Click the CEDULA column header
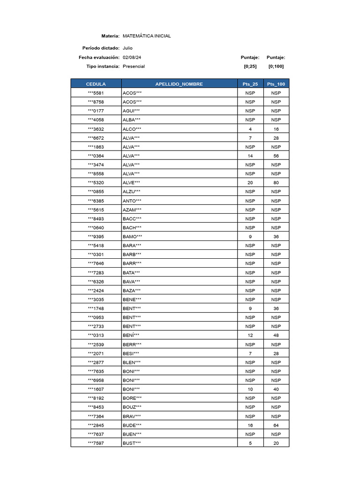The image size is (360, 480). click(96, 84)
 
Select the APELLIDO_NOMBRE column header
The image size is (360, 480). click(179, 84)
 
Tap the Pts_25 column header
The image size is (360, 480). click(250, 84)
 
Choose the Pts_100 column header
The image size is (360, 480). click(276, 84)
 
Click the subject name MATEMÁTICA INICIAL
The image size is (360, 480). click(147, 36)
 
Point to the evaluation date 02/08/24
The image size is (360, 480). click(132, 57)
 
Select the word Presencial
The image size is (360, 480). click(134, 67)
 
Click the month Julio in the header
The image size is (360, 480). click(127, 48)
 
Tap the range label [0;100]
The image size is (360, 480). click(276, 67)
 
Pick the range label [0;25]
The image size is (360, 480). click(250, 67)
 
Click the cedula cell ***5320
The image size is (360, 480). click(96, 183)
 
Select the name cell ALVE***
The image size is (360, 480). click(131, 183)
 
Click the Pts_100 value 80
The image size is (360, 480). click(276, 183)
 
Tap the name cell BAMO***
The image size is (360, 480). click(132, 237)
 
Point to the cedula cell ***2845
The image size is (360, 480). click(96, 426)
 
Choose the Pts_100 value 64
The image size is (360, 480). click(276, 426)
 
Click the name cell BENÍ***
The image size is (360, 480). click(131, 336)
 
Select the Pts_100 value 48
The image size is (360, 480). click(276, 336)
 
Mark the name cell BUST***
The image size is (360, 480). click(132, 443)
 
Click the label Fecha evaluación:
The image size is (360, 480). click(99, 57)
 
